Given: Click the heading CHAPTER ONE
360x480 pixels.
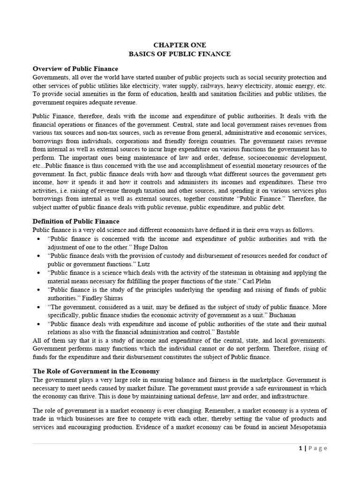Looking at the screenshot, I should click(x=180, y=46).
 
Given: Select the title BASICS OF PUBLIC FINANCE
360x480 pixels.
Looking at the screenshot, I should click(x=180, y=54).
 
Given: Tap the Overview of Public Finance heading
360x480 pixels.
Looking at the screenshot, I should click(x=75, y=69).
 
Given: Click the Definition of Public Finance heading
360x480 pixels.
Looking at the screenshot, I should click(x=76, y=221).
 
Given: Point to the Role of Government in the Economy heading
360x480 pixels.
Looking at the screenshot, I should click(x=96, y=371).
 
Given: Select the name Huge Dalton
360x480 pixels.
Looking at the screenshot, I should click(x=151, y=247).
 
